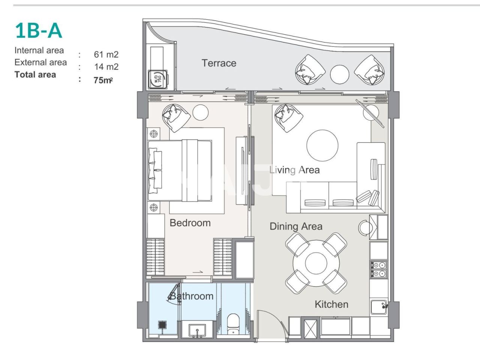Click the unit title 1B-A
[38, 30]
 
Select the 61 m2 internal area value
[106, 54]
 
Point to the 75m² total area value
[103, 80]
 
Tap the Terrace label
[219, 63]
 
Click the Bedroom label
[190, 223]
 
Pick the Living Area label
[294, 170]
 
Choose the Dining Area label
[296, 226]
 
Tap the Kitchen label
[331, 304]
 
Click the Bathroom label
[192, 296]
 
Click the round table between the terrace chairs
[340, 74]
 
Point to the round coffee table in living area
[322, 145]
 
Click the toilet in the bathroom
[233, 324]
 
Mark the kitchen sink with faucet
[379, 307]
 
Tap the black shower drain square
[162, 324]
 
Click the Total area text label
[35, 75]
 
